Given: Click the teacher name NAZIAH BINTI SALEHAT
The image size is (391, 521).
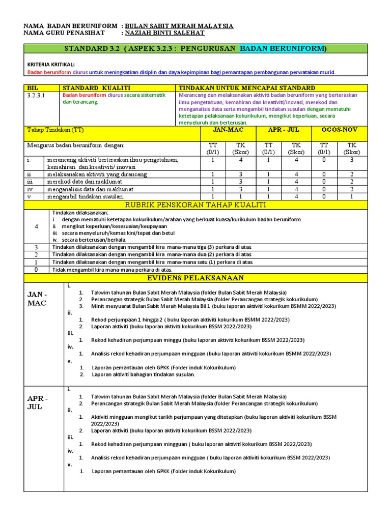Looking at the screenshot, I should point(164,33).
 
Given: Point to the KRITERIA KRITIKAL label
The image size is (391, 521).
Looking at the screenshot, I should point(50,64).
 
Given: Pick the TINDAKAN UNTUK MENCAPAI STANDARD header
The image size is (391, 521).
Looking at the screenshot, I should point(247,88).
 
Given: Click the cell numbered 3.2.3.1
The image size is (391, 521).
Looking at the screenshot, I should point(36,95).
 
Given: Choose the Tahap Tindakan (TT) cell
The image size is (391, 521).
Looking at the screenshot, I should point(55,130).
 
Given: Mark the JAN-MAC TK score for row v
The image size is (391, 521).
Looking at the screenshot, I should point(241,196).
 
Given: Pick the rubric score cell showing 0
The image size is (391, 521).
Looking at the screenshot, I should point(36,270).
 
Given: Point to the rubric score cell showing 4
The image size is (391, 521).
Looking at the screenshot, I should point(36,226).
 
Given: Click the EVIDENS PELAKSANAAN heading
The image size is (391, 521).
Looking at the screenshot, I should point(195,278).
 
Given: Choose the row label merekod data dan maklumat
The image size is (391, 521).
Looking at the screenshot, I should point(91,182).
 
